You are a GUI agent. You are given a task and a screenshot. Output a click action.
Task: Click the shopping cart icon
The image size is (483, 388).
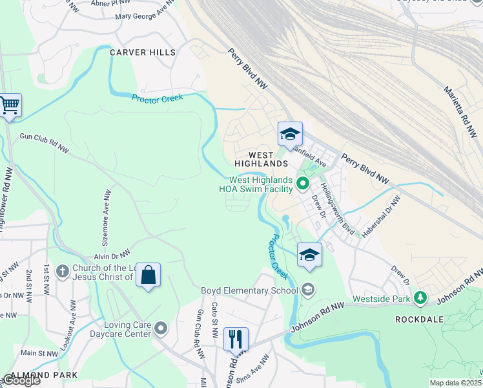(9, 105)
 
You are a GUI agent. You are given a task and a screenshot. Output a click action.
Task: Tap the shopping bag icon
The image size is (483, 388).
(148, 275)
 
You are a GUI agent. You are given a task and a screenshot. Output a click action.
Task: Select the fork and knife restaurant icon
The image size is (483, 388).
(236, 338)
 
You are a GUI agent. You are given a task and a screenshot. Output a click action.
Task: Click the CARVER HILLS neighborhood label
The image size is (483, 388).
(142, 52)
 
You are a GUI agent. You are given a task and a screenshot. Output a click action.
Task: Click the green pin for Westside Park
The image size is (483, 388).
(421, 297)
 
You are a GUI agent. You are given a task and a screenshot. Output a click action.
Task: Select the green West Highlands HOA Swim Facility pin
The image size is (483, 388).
(302, 186)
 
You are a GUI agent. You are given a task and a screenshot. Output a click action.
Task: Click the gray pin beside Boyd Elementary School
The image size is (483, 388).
(308, 290)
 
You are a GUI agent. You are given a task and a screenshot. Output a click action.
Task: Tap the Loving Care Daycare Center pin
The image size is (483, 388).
(161, 329)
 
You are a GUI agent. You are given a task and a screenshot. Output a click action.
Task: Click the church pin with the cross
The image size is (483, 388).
(62, 271)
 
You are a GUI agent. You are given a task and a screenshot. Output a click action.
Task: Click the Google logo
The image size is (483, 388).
(21, 381)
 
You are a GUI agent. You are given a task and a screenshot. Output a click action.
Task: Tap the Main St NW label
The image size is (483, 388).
(38, 353)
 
